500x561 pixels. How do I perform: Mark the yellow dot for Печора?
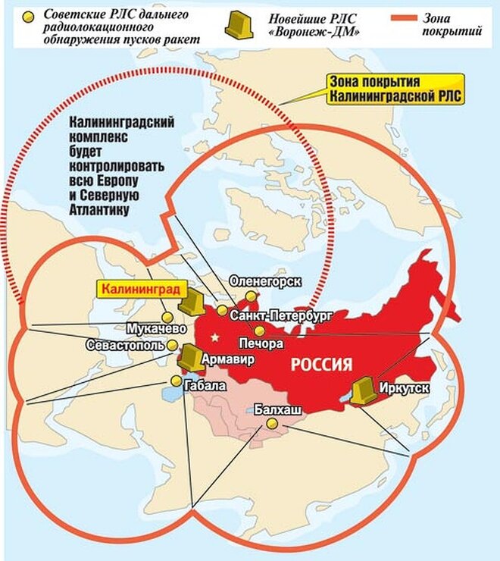260,331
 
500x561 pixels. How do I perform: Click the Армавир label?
228,360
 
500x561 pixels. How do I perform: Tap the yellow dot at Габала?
177,381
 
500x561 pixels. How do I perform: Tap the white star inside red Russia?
216,336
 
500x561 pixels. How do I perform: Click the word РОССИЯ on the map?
322,365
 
